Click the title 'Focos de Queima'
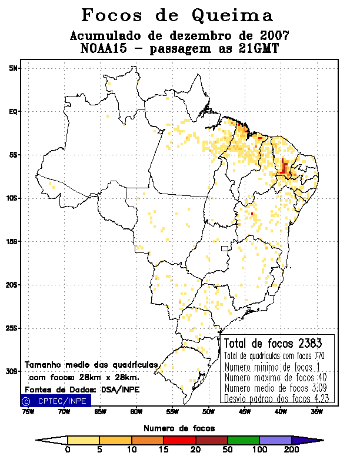[177, 15]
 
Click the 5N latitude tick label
[12, 68]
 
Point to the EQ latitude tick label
[12, 111]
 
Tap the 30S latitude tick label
[12, 371]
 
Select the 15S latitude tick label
[12, 241]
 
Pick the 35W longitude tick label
[316, 412]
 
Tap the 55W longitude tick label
[172, 412]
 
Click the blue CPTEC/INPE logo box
[55, 401]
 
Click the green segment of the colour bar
[242, 440]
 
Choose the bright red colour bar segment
[179, 440]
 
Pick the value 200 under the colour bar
[291, 450]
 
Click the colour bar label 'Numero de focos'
[179, 428]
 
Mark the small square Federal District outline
[224, 249]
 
